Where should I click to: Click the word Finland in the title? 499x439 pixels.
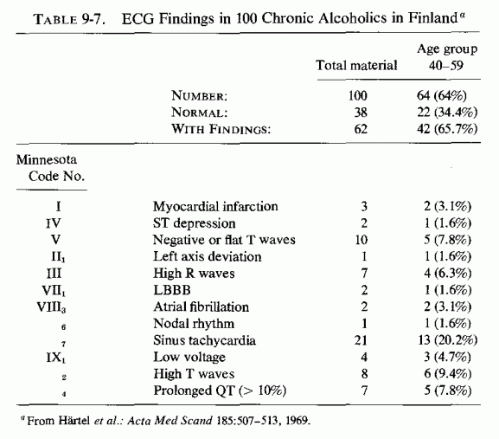point(432,18)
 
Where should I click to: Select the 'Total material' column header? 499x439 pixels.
point(356,65)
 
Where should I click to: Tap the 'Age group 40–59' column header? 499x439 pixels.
point(447,57)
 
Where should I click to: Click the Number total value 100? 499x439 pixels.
point(358,95)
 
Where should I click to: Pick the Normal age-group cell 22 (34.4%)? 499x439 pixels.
point(447,113)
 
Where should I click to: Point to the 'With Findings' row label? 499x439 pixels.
point(221,129)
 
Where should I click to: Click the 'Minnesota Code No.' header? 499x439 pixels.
point(51,168)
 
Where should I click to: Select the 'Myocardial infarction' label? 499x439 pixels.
point(215,206)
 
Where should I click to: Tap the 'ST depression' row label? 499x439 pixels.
point(194,223)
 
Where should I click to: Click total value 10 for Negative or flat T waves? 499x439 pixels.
point(361,240)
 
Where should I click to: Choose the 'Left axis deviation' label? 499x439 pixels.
point(208,256)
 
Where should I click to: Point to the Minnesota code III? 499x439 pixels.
point(54,274)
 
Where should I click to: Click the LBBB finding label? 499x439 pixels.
point(172,290)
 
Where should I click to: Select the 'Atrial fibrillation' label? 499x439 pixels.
point(201,307)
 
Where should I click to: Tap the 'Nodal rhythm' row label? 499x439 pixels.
point(194,324)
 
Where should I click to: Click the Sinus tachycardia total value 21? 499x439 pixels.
point(361,340)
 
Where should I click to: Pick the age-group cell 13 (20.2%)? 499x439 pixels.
point(448,340)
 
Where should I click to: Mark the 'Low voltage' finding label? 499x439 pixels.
point(189,357)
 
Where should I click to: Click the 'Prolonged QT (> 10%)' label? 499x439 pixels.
point(220,391)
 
